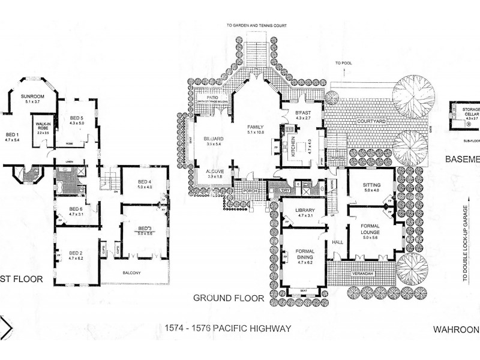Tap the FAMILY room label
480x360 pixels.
(256, 128)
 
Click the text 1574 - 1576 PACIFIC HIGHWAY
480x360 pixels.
(227, 328)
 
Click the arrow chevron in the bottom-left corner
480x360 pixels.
(7, 328)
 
